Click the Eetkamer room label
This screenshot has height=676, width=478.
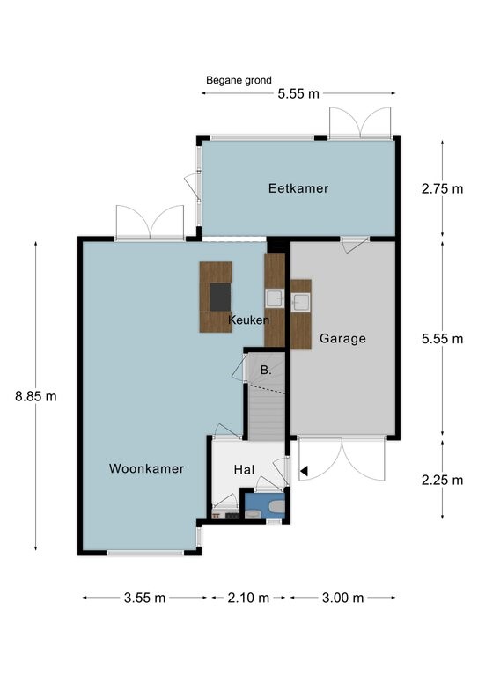[x=298, y=188]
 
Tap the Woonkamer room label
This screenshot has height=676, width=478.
[x=146, y=468]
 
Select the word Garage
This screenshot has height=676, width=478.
[x=342, y=339]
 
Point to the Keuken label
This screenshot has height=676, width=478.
[x=249, y=320]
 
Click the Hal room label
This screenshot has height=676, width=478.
[x=244, y=469]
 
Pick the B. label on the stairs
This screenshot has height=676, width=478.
[x=266, y=370]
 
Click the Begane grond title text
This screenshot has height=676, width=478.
[x=239, y=80]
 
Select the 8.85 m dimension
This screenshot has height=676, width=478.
[x=36, y=396]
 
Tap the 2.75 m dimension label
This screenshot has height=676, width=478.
[x=442, y=189]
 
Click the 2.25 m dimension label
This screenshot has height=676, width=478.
[x=442, y=480]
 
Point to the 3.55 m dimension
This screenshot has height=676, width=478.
[x=145, y=598]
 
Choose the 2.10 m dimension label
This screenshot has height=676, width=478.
[x=249, y=598]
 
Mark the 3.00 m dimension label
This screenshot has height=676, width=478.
[x=343, y=598]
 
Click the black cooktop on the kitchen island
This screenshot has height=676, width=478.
[x=220, y=297]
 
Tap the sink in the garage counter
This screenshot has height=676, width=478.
[x=300, y=302]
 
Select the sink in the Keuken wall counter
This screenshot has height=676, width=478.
[x=274, y=298]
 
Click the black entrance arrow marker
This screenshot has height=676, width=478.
[x=305, y=471]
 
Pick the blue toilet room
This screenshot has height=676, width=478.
[x=265, y=506]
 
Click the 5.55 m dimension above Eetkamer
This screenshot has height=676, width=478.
[x=298, y=93]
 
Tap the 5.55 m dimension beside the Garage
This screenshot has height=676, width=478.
[x=442, y=339]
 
